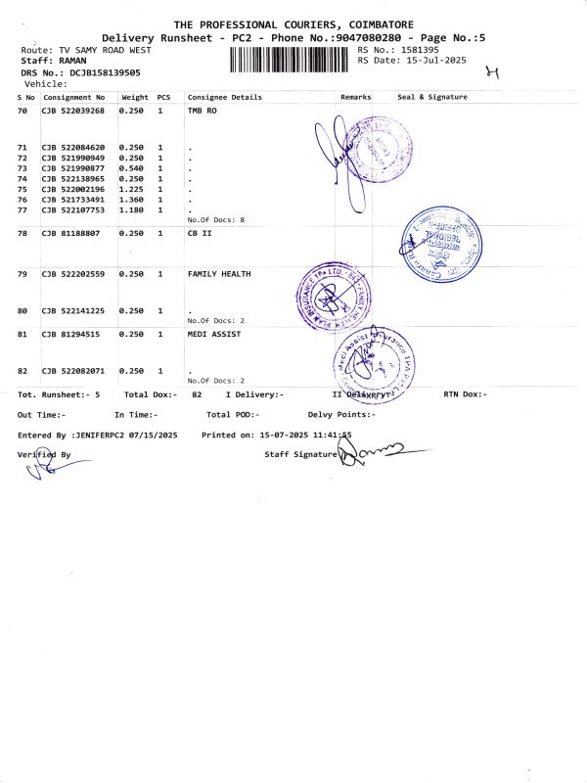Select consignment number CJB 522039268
(72, 112)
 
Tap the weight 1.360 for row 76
(132, 200)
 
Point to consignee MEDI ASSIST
(213, 335)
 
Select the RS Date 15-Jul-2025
(437, 61)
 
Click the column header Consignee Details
(225, 98)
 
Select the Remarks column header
(356, 98)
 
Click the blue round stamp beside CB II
(441, 238)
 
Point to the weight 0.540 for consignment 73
(132, 168)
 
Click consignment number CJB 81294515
(70, 335)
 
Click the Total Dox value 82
(197, 394)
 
